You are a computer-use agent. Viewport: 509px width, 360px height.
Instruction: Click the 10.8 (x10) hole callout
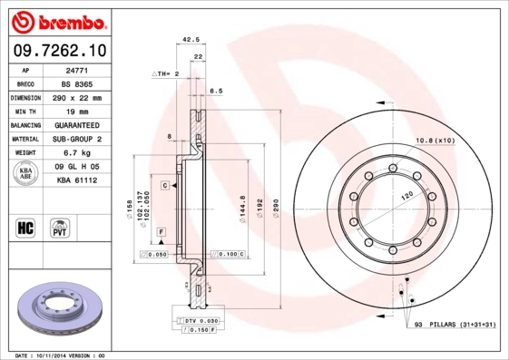tap(434, 141)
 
